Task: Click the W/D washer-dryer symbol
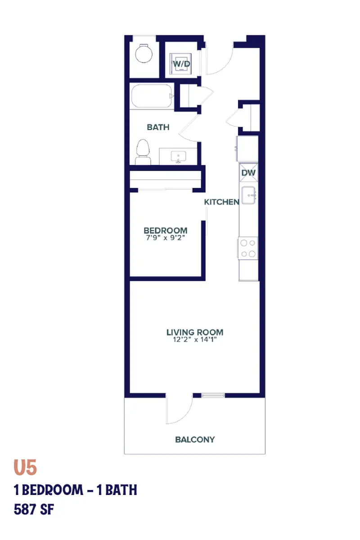tap(182, 64)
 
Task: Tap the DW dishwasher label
tap(248, 172)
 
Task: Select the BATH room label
tap(158, 127)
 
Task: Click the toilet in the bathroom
tap(143, 153)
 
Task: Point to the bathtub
tap(151, 96)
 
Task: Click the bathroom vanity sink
tap(179, 157)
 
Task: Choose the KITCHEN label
tap(221, 202)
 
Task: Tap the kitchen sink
tap(248, 194)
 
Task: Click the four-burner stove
tap(247, 248)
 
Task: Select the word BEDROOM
tap(165, 231)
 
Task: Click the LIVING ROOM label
tap(195, 333)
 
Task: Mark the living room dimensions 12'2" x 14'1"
tap(195, 340)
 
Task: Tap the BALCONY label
tap(195, 439)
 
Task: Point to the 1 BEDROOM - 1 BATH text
tap(75, 490)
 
